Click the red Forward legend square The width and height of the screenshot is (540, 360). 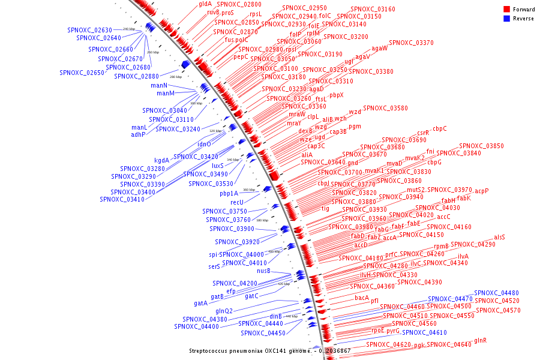pyautogui.click(x=507, y=10)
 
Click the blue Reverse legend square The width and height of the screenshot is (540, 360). pyautogui.click(x=507, y=19)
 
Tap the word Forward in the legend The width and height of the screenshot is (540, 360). pyautogui.click(x=523, y=10)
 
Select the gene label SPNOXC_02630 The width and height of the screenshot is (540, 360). pyautogui.click(x=90, y=30)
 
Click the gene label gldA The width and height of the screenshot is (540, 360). pyautogui.click(x=205, y=4)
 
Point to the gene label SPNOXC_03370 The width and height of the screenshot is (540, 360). pyautogui.click(x=411, y=43)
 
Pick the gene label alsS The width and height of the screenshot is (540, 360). pyautogui.click(x=499, y=237)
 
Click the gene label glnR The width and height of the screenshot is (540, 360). pyautogui.click(x=481, y=340)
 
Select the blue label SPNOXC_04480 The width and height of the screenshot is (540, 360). pyautogui.click(x=496, y=293)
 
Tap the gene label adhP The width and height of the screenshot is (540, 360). pyautogui.click(x=138, y=134)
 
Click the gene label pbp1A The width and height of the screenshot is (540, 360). pyautogui.click(x=229, y=193)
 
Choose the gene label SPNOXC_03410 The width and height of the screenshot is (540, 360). pyautogui.click(x=122, y=199)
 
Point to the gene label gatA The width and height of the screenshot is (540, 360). pyautogui.click(x=200, y=303)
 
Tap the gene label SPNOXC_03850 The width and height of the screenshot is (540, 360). pyautogui.click(x=481, y=146)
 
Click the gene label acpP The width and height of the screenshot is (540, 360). pyautogui.click(x=482, y=191)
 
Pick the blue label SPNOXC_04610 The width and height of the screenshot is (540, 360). pyautogui.click(x=424, y=332)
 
